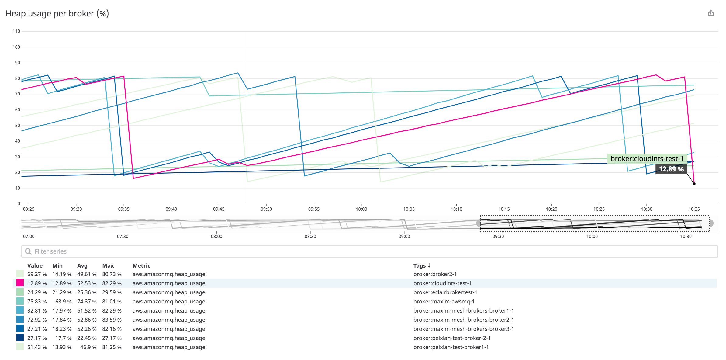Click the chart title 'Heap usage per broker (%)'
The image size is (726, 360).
click(57, 14)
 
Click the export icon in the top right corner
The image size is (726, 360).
click(710, 13)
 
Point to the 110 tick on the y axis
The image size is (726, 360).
click(16, 31)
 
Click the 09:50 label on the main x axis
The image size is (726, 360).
click(266, 209)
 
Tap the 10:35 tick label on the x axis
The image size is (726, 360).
click(694, 209)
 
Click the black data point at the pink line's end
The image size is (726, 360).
click(694, 184)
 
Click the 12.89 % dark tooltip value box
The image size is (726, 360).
click(671, 169)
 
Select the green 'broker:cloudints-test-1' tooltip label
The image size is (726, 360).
click(647, 159)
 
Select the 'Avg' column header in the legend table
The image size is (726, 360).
click(82, 265)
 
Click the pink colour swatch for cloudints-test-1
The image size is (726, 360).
click(20, 283)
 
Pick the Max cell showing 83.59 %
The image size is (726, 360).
click(112, 320)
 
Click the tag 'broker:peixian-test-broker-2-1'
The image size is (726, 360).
click(452, 338)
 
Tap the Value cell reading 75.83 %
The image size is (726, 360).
click(37, 301)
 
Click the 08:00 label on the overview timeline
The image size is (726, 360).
click(216, 237)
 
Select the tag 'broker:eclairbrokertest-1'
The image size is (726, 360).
click(445, 292)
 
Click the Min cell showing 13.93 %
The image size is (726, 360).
click(62, 347)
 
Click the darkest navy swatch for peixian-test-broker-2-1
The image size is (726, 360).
click(20, 338)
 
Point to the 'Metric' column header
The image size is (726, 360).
click(141, 265)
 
